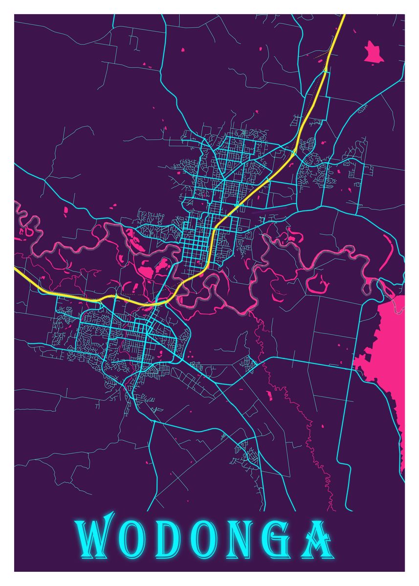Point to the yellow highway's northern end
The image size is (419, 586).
(x=343, y=16)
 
